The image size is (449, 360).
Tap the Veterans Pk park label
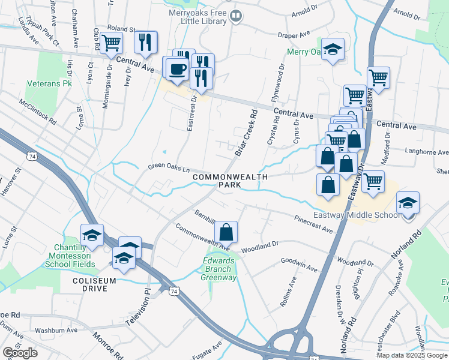[x=49, y=83]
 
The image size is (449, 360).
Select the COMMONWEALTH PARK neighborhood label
[x=229, y=181]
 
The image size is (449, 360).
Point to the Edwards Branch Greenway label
[x=219, y=268]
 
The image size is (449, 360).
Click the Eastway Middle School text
[x=357, y=215]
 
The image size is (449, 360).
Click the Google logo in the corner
[x=20, y=353]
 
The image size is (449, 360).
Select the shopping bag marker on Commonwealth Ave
[x=226, y=232]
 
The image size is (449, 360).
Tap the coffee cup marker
[x=176, y=70]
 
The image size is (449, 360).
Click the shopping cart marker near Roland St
[x=111, y=43]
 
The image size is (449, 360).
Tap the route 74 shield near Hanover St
[x=31, y=155]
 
